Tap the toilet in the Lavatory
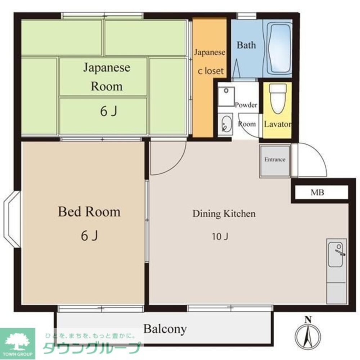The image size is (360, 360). (x=278, y=99)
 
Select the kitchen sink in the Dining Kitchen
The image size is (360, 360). (x=336, y=255)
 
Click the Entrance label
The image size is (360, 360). (x=275, y=159)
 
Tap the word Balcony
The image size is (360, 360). (x=165, y=329)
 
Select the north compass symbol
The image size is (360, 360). (x=308, y=334)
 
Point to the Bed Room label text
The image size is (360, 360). (x=89, y=211)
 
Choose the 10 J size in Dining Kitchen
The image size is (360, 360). (x=220, y=237)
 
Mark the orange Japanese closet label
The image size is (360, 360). (x=210, y=61)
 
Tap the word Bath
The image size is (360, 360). (x=246, y=45)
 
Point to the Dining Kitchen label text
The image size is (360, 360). (x=224, y=213)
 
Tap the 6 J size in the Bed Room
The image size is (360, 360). (x=89, y=235)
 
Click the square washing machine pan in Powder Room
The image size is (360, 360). (x=226, y=96)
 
